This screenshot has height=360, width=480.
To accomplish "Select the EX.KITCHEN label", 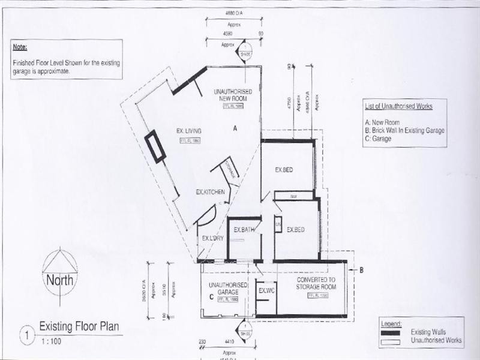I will pyautogui.click(x=211, y=192).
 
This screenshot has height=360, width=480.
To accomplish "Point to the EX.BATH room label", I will pyautogui.click(x=245, y=230).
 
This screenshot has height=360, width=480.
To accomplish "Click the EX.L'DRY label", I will pyautogui.click(x=212, y=239).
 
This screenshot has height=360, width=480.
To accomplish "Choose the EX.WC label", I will pyautogui.click(x=266, y=291).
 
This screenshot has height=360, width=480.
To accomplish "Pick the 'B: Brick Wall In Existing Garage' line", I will pyautogui.click(x=404, y=130).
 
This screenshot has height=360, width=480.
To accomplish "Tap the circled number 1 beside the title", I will pyautogui.click(x=26, y=334).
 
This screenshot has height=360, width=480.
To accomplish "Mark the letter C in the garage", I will pyautogui.click(x=210, y=296).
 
